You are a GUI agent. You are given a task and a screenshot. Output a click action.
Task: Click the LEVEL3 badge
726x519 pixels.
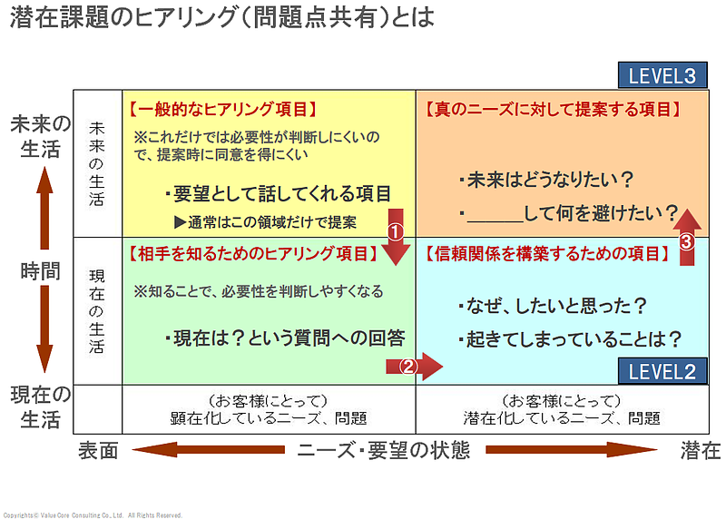pos(662,75)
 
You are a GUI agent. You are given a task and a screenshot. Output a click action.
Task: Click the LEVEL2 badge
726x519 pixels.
pos(662,370)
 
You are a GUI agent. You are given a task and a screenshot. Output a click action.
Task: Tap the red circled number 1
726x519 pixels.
pos(395,231)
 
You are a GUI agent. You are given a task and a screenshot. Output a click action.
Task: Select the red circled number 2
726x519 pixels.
pos(408,367)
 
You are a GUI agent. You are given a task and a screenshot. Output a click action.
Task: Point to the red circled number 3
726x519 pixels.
pos(687,241)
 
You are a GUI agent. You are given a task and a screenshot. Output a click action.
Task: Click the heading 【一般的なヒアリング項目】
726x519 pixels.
pos(223,109)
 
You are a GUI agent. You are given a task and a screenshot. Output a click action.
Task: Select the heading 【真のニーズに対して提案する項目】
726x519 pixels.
pos(553,109)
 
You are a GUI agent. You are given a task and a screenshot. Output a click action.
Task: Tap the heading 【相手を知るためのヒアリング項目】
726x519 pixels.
pos(250,253)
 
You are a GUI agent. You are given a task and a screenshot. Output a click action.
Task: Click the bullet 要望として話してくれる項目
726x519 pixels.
pos(279,193)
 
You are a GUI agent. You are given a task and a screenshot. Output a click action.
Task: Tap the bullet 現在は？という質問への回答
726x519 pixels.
pos(284,338)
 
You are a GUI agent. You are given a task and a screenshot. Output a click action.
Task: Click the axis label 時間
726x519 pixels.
pos(41,269)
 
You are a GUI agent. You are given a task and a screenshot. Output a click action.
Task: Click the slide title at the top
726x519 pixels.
pos(221,18)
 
